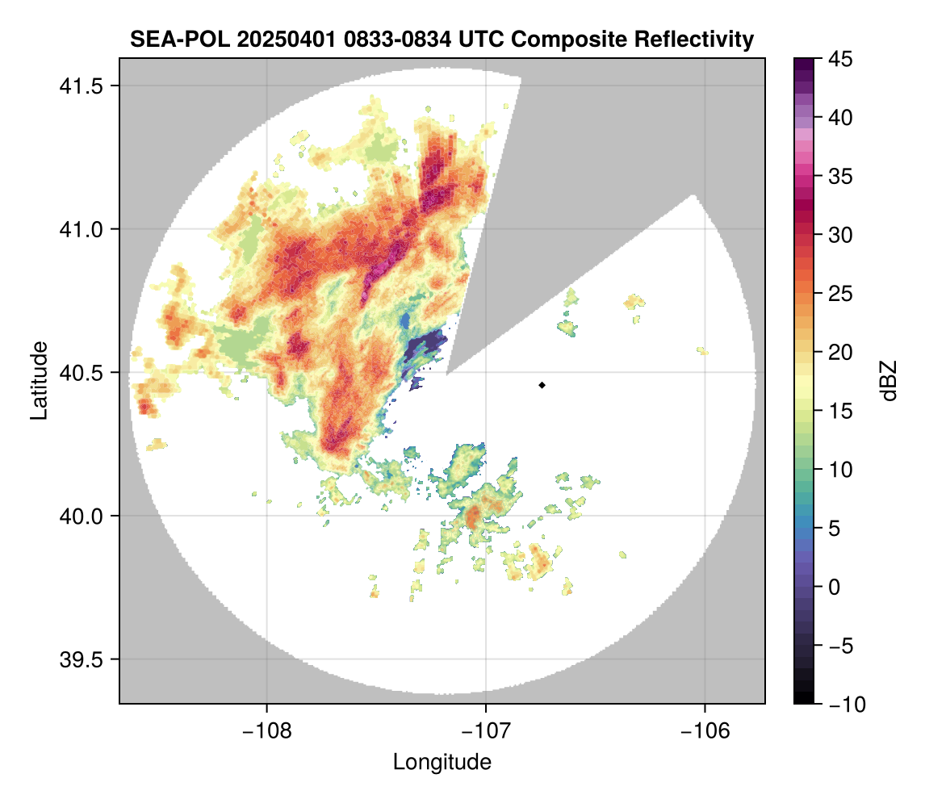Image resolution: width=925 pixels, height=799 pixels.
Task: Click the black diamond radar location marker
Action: (x=542, y=385)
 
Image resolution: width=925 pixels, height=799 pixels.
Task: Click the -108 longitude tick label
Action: (x=266, y=731)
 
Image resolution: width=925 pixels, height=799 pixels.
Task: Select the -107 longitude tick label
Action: (x=486, y=731)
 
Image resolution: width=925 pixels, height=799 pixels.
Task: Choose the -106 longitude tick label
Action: (x=705, y=731)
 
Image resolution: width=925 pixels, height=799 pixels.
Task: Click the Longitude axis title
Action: (x=442, y=762)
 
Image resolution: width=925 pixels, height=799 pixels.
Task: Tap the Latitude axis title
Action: (x=39, y=379)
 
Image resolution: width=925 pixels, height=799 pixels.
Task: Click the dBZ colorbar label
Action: (x=889, y=381)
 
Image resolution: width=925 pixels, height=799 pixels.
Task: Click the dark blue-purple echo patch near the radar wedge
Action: (x=424, y=349)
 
